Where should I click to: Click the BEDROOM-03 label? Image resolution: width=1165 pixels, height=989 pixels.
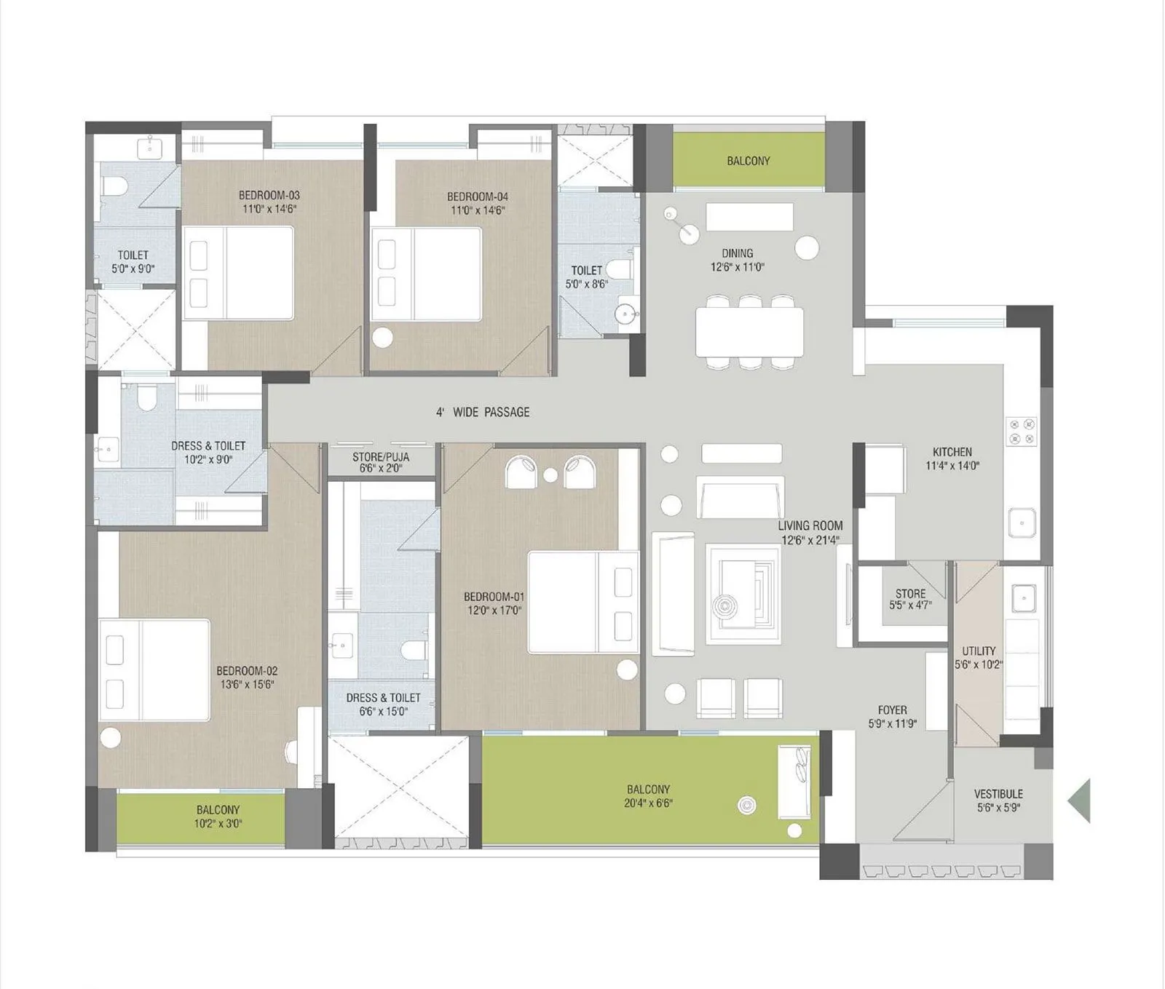(269, 195)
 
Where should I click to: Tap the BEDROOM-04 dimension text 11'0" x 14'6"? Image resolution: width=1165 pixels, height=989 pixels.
(478, 210)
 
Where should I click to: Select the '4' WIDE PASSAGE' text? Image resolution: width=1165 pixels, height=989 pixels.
(483, 413)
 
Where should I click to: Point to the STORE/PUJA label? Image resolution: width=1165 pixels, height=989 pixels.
(381, 457)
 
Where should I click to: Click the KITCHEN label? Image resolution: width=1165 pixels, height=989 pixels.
(952, 452)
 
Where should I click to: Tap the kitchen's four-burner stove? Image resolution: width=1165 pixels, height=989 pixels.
(1021, 430)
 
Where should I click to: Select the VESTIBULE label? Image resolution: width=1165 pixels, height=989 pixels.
(998, 794)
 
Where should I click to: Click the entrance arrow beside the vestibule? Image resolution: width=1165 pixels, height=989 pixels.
(1080, 801)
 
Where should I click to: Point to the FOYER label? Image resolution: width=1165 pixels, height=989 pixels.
(893, 710)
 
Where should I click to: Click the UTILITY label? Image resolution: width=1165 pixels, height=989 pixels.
(979, 651)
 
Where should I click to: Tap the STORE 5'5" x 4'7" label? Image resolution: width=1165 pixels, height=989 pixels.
(910, 599)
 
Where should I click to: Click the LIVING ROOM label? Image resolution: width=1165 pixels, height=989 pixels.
(810, 525)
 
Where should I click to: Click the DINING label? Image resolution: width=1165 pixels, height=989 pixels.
(738, 253)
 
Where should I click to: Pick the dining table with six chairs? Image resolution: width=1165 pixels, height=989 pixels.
(749, 332)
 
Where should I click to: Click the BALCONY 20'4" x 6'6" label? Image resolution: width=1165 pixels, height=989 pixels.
(648, 796)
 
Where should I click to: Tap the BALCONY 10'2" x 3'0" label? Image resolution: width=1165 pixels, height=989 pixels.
(218, 817)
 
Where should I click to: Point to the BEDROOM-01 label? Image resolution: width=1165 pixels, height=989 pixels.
(494, 597)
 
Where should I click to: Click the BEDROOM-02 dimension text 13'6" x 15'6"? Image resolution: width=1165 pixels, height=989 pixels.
(248, 684)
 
